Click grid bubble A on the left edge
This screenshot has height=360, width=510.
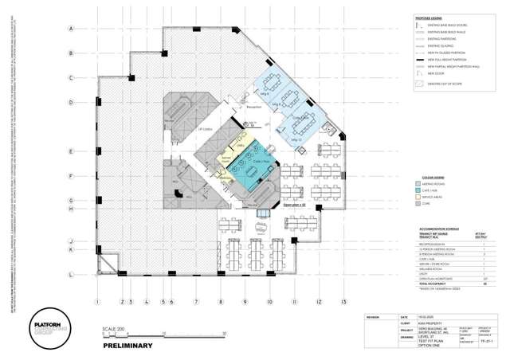(x=71, y=29)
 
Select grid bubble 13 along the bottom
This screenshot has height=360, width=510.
(x=343, y=302)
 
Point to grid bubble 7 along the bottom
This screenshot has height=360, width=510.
(x=196, y=302)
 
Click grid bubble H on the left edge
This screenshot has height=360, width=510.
(x=71, y=209)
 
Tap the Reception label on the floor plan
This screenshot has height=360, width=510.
(x=254, y=106)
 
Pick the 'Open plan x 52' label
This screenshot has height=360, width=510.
(x=294, y=204)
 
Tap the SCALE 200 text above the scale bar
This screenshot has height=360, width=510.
(x=116, y=329)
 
